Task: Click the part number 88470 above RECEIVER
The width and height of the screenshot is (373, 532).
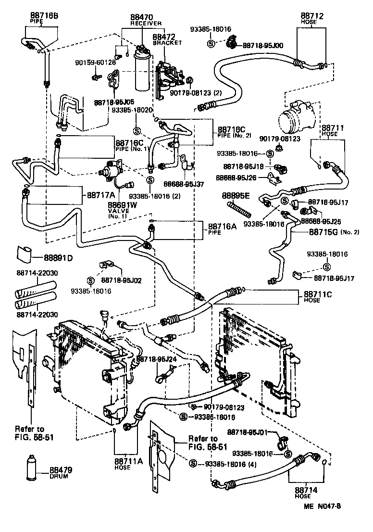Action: pyautogui.click(x=142, y=16)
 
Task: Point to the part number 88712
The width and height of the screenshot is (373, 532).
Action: pyautogui.click(x=312, y=16)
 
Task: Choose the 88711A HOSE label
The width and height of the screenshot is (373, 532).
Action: pyautogui.click(x=128, y=461)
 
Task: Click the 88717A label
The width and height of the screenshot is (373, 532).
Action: pyautogui.click(x=100, y=195)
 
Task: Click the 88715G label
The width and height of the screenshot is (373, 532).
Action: pyautogui.click(x=323, y=232)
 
